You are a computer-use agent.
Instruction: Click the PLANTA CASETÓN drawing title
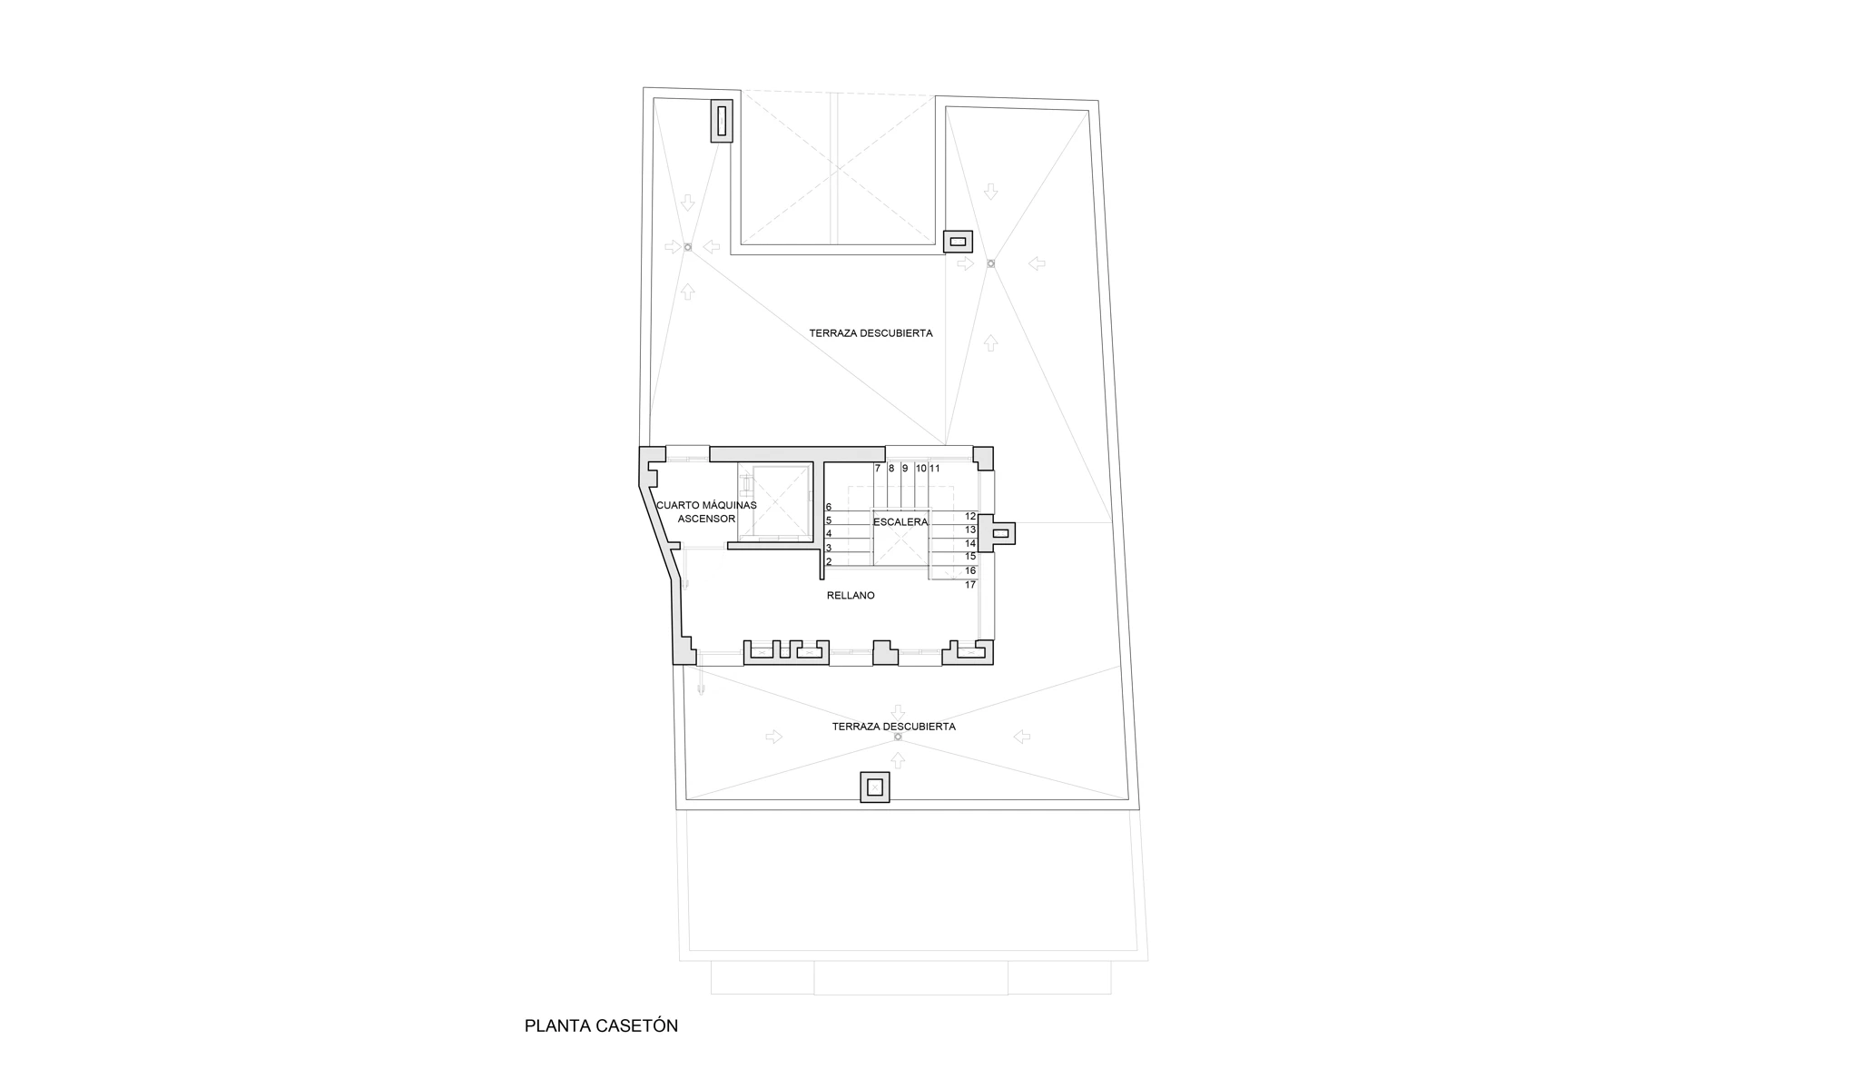pyautogui.click(x=601, y=1025)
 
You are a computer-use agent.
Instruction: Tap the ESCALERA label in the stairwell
pyautogui.click(x=900, y=522)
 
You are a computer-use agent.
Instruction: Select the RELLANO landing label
pyautogui.click(x=851, y=596)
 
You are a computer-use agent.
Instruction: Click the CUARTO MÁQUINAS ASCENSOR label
pyautogui.click(x=706, y=512)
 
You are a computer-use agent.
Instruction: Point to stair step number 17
pyautogui.click(x=970, y=585)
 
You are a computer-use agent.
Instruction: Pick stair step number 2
pyautogui.click(x=829, y=562)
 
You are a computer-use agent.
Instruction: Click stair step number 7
pyautogui.click(x=878, y=469)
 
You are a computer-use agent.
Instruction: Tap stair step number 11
pyautogui.click(x=935, y=469)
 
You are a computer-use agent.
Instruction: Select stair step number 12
pyautogui.click(x=970, y=516)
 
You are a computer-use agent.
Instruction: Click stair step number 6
pyautogui.click(x=829, y=507)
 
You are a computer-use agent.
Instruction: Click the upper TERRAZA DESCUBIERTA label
pyautogui.click(x=871, y=333)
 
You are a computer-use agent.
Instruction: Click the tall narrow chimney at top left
pyautogui.click(x=722, y=121)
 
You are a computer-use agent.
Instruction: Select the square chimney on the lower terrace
pyautogui.click(x=875, y=787)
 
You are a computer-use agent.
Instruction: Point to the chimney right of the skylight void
pyautogui.click(x=958, y=241)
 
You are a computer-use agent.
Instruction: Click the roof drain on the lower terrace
pyautogui.click(x=898, y=737)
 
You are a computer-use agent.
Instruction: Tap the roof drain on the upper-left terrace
pyautogui.click(x=687, y=247)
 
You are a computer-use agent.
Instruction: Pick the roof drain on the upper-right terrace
pyautogui.click(x=990, y=263)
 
